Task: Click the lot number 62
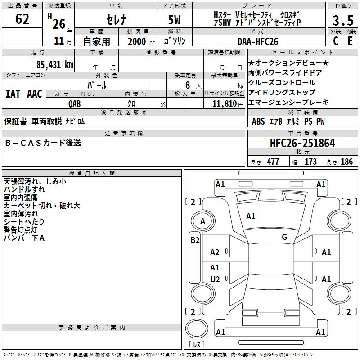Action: [x=22, y=19]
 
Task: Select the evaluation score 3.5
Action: [x=343, y=20]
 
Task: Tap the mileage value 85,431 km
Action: [x=55, y=64]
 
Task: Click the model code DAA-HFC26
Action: [x=258, y=41]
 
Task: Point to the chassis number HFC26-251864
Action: [x=302, y=143]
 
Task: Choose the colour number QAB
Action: [x=75, y=104]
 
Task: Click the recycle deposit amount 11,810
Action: [x=224, y=104]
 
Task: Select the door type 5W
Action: [x=174, y=20]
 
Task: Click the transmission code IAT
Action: [x=13, y=94]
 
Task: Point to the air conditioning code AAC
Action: [x=35, y=94]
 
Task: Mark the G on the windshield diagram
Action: [x=284, y=237]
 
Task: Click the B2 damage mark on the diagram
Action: [x=195, y=240]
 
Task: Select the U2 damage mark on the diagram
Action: [x=215, y=279]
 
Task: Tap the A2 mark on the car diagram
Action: [x=215, y=252]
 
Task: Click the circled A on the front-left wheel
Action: [x=202, y=221]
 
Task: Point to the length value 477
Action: [x=273, y=162]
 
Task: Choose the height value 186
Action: [x=346, y=162]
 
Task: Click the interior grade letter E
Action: [x=350, y=41]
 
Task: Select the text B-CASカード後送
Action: [x=43, y=143]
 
